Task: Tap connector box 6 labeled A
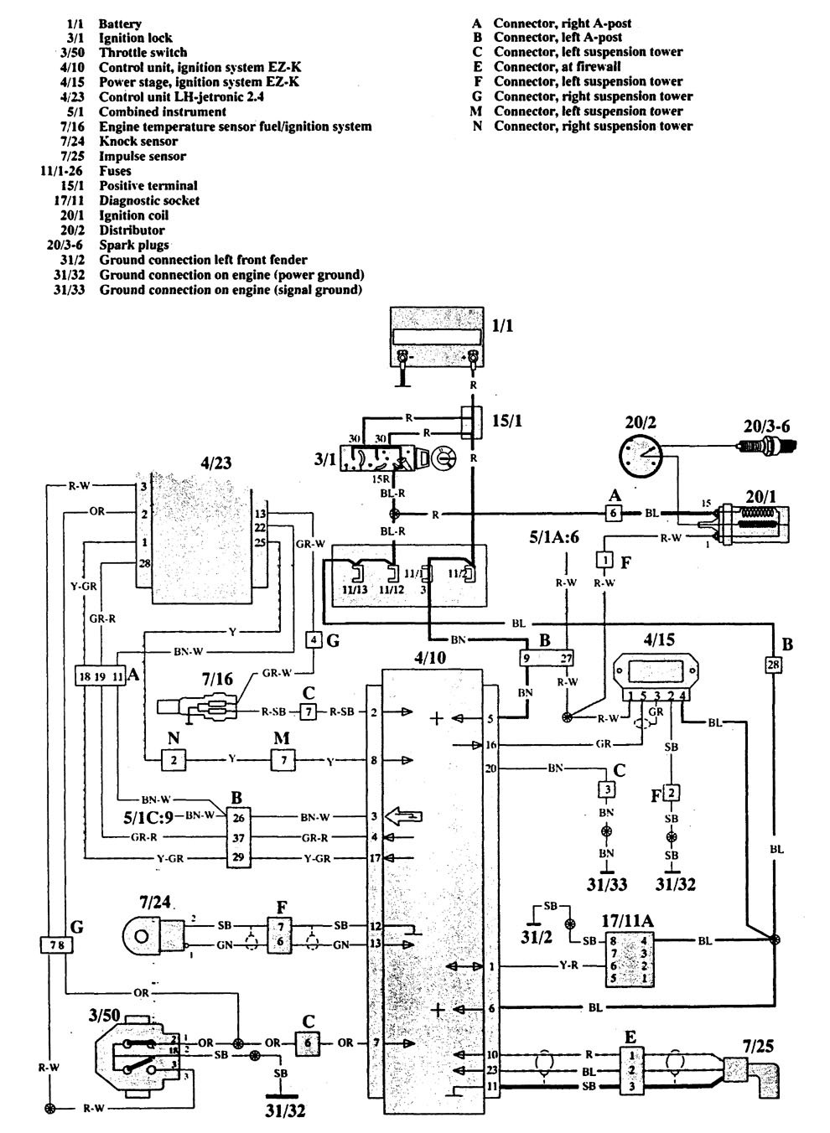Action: (613, 513)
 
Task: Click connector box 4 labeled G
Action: (314, 641)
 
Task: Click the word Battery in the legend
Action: (120, 23)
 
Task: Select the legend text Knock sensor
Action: (137, 141)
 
